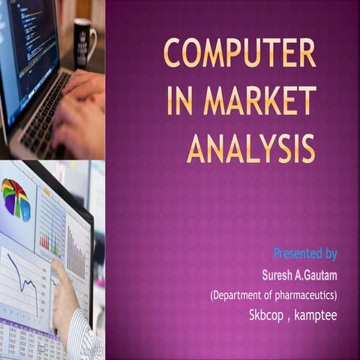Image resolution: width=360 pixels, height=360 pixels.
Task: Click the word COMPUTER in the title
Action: (240, 55)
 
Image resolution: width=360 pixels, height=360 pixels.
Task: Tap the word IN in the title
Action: (181, 101)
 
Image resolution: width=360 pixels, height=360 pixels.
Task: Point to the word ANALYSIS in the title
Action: (250, 148)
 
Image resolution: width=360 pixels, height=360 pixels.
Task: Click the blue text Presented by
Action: (304, 253)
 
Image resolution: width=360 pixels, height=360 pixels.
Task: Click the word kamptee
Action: (315, 316)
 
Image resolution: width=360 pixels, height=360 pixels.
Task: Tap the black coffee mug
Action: (84, 41)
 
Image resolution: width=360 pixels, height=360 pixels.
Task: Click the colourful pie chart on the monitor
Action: (16, 199)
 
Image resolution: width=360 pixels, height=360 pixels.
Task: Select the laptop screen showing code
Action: (26, 45)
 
